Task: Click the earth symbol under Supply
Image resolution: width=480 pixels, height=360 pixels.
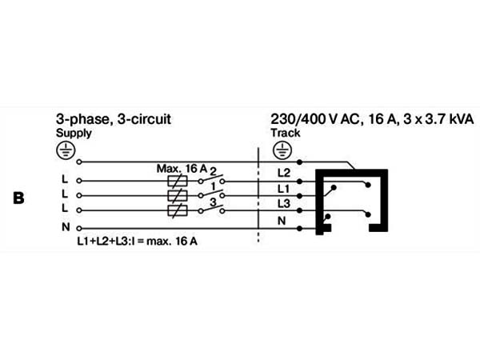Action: [66, 151]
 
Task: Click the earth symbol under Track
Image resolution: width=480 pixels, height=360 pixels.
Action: [282, 150]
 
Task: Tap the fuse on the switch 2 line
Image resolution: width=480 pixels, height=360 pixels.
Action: [178, 181]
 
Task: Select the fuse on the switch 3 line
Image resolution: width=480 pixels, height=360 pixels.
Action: [178, 210]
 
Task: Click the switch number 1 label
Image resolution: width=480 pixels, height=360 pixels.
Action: [214, 186]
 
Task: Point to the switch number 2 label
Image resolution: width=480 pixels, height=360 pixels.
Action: [213, 171]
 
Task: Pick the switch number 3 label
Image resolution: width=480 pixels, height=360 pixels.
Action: [213, 202]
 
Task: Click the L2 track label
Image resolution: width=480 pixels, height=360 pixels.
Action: [283, 173]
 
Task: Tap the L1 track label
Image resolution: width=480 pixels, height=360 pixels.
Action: [283, 189]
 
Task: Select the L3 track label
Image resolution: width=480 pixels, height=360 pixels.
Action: [283, 203]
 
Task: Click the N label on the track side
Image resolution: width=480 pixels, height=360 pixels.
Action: [282, 221]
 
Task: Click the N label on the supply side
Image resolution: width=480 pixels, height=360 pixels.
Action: [66, 227]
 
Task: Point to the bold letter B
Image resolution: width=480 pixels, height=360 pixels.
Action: [18, 198]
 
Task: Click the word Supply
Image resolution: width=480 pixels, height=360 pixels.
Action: [74, 134]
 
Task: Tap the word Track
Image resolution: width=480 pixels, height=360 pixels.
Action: [286, 133]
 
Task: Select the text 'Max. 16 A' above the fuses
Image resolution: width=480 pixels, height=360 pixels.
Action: [182, 168]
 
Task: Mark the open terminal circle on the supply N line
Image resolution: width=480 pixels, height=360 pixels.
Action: [79, 228]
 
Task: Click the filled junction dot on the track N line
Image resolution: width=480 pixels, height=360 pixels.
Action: [300, 228]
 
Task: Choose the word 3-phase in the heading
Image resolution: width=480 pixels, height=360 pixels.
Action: [82, 119]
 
